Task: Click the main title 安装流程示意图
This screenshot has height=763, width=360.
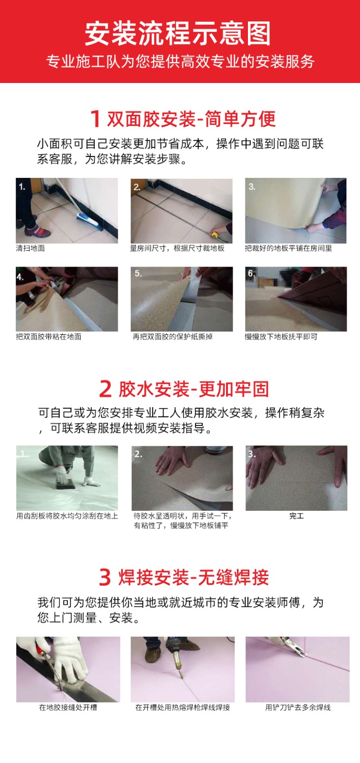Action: (x=177, y=33)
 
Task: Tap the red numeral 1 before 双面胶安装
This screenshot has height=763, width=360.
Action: (x=95, y=119)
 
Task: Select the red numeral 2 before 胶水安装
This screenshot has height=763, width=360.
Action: (x=105, y=389)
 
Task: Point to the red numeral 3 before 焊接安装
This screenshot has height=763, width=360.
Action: (x=105, y=577)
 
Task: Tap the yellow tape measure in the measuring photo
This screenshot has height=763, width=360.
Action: (x=216, y=234)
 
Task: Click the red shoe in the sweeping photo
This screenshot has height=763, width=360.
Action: (x=38, y=232)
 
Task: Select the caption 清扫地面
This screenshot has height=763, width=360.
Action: (x=31, y=248)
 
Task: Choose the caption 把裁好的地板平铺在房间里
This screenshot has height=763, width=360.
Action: (x=288, y=248)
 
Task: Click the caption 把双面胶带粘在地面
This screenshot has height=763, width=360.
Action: (x=48, y=337)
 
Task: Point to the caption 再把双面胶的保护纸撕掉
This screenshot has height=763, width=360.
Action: (x=172, y=337)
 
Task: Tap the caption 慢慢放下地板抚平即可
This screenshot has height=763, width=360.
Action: (x=281, y=337)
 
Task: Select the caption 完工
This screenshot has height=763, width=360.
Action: (x=296, y=516)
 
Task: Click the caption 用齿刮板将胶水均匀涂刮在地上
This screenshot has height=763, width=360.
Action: (x=67, y=516)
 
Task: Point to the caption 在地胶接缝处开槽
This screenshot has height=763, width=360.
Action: (x=68, y=708)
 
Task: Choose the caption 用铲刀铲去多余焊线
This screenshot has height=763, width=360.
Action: (x=298, y=708)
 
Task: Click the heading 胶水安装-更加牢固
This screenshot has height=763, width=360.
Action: (x=194, y=389)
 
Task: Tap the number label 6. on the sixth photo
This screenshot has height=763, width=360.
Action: (x=251, y=273)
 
